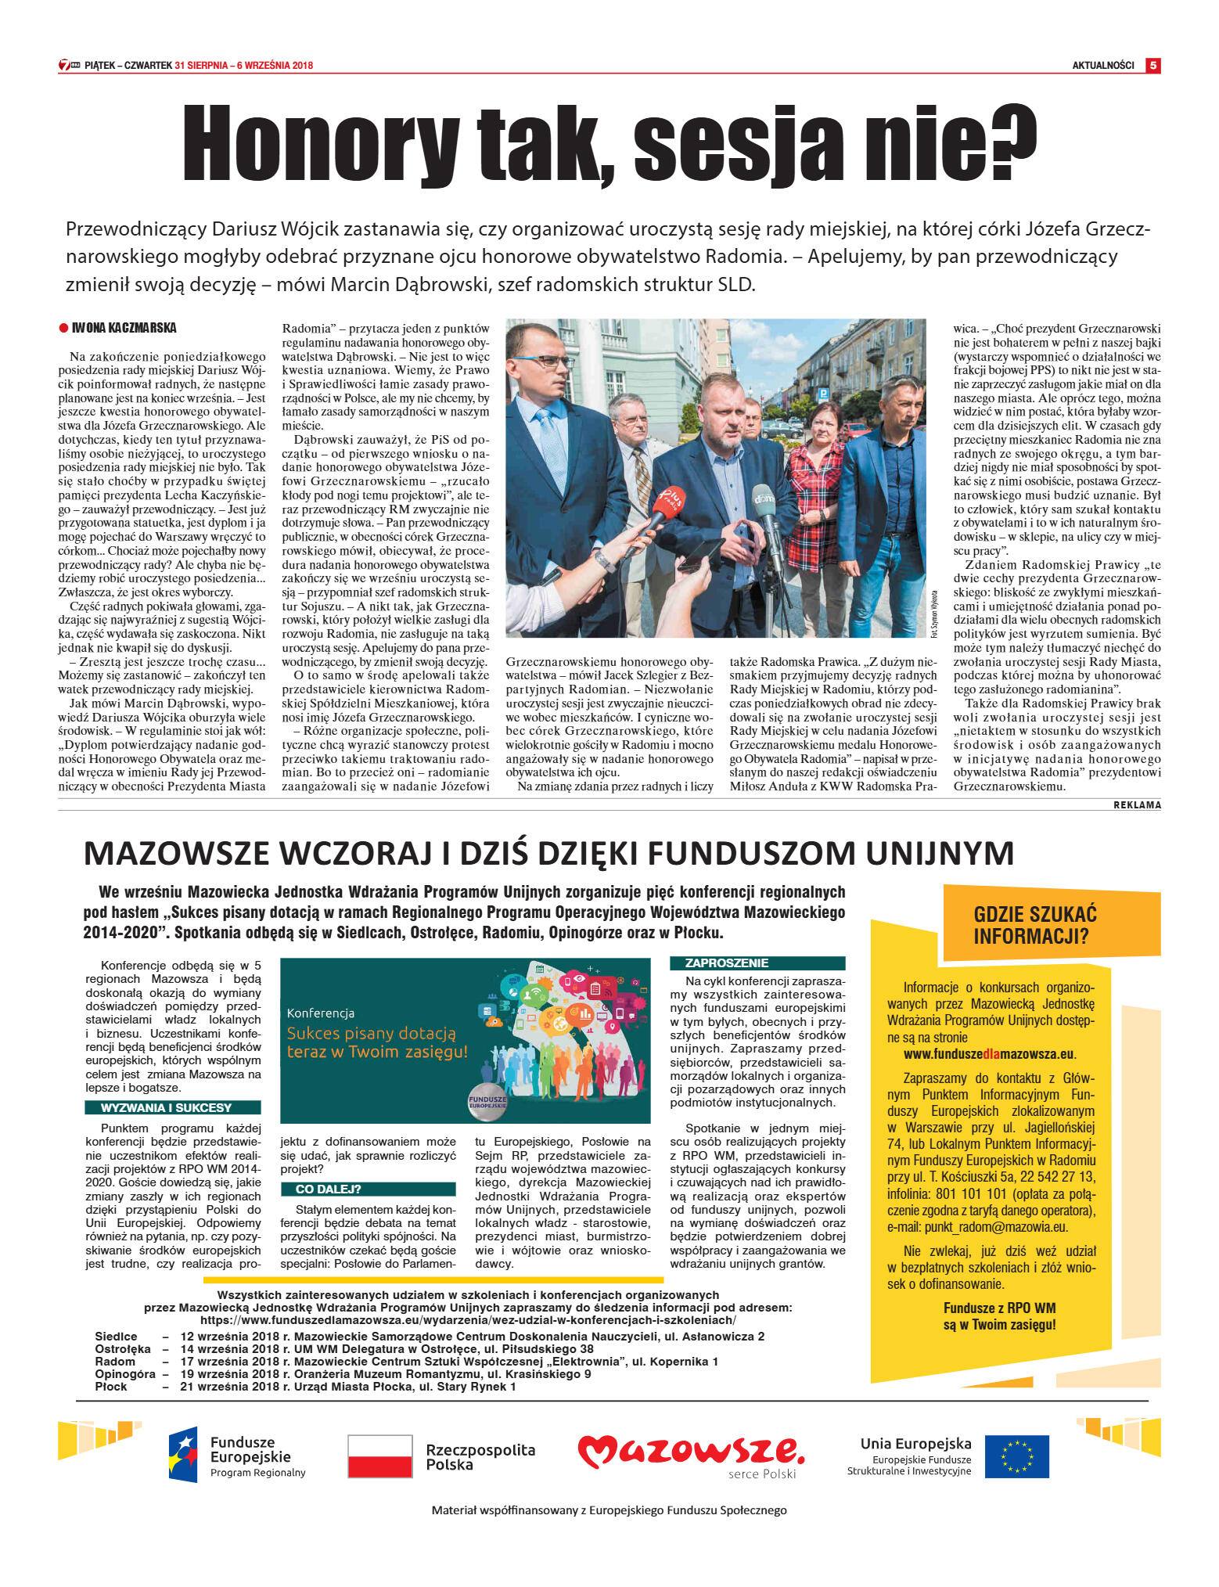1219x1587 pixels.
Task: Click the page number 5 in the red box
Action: [1152, 66]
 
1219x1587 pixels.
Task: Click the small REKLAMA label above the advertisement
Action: [1137, 805]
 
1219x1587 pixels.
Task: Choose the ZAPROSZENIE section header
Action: [727, 963]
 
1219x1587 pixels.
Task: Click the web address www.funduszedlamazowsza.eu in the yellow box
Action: [989, 1054]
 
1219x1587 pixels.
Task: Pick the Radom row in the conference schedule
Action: [115, 1361]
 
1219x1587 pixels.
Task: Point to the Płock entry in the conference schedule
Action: [111, 1386]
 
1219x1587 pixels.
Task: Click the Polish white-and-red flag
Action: [379, 1456]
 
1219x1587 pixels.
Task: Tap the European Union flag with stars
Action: [1016, 1456]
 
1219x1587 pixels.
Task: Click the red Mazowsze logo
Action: [690, 1452]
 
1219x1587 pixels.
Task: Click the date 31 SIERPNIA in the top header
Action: [201, 66]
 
